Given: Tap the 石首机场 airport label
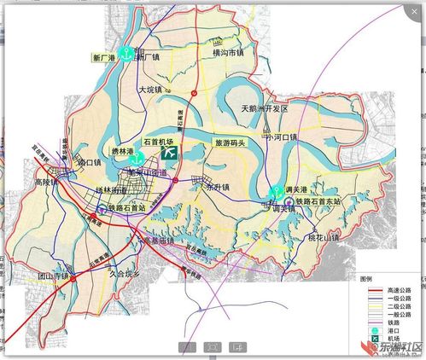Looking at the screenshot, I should click(x=157, y=141).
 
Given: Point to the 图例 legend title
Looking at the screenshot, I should click(x=366, y=279).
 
